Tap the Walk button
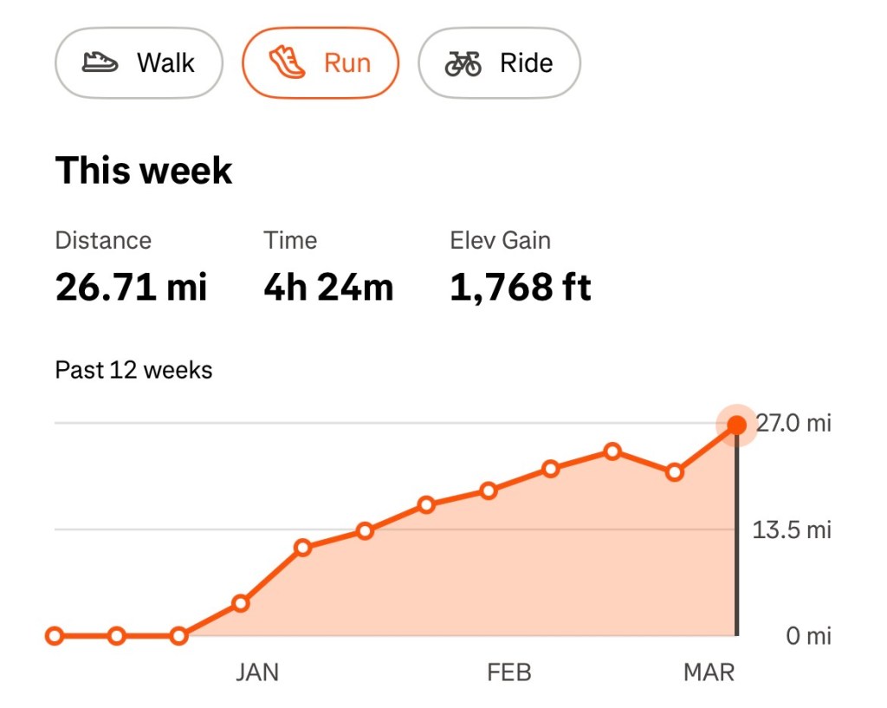coord(139,63)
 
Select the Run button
coord(320,63)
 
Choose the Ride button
coord(499,63)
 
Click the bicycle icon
coord(463,63)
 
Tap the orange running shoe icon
coord(287,63)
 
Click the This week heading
coord(144,170)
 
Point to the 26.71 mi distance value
coord(132,287)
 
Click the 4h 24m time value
coord(328,287)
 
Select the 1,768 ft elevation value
coord(520,287)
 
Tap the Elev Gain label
coord(500,240)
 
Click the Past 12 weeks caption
coord(133,370)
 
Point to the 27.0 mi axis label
coord(793,424)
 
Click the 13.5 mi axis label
coord(792,529)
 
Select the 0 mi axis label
coord(808,636)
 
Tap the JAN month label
coord(257,672)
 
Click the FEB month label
coord(509,672)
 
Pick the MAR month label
coord(709,672)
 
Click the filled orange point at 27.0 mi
coord(736,425)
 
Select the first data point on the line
coord(55,636)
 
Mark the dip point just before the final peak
coord(675,472)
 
